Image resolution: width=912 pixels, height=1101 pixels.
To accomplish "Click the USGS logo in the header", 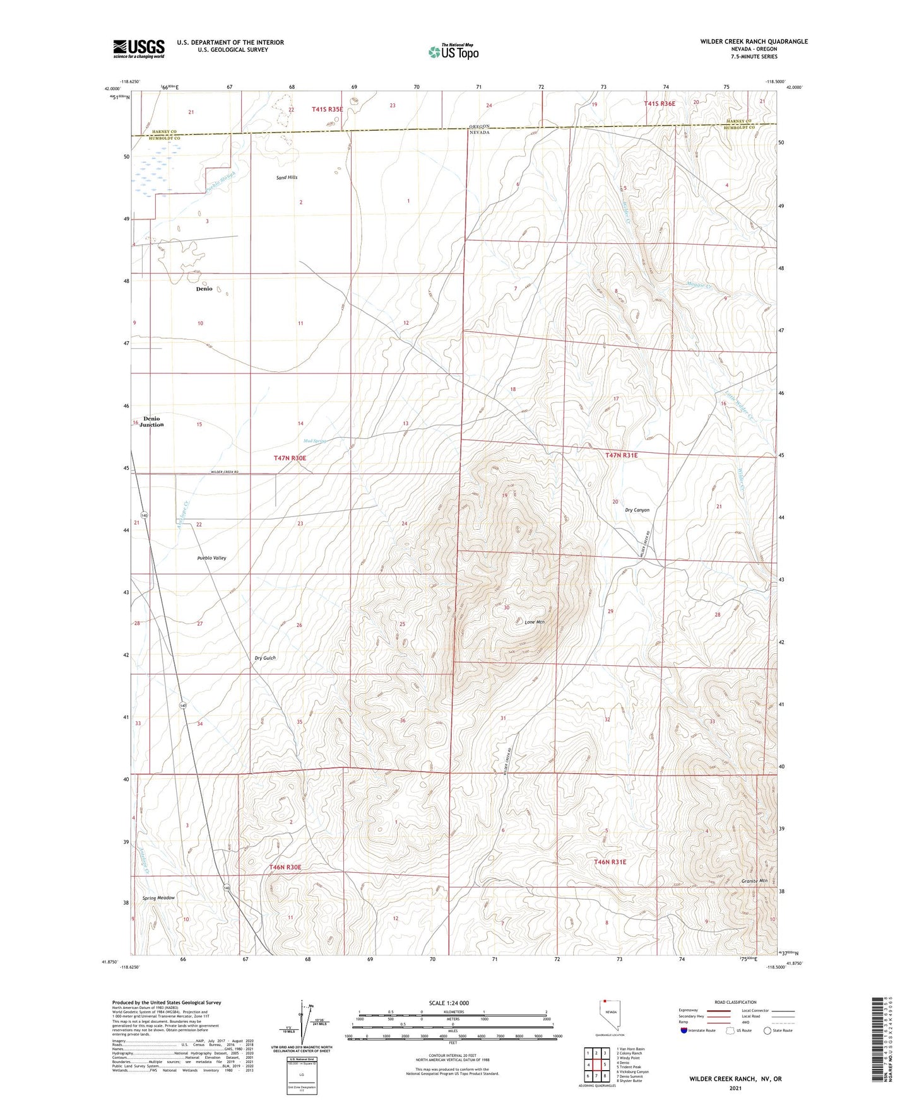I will click(139, 49).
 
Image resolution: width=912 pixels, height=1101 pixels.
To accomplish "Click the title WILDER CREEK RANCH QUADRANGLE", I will click(754, 42).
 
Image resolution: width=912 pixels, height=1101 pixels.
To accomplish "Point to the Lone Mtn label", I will click(535, 622).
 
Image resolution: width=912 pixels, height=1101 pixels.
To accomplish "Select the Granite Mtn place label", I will click(754, 881).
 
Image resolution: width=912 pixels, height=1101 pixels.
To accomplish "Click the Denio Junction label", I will click(151, 422).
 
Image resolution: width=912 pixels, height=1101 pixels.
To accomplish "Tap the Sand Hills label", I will click(287, 178).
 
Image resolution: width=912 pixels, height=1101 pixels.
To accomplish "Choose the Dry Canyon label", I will click(637, 510).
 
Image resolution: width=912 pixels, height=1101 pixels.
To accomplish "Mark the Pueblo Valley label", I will click(211, 558).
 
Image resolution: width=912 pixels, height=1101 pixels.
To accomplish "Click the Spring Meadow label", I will click(158, 898).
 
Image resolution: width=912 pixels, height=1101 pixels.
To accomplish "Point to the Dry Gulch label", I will click(265, 658).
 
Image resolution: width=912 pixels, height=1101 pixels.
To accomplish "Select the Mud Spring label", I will click(315, 441).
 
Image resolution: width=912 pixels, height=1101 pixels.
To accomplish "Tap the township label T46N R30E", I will click(285, 867).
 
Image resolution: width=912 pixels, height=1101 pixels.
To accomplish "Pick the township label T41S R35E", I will click(328, 109).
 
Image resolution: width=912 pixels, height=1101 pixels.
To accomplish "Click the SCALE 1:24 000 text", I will click(449, 1003).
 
